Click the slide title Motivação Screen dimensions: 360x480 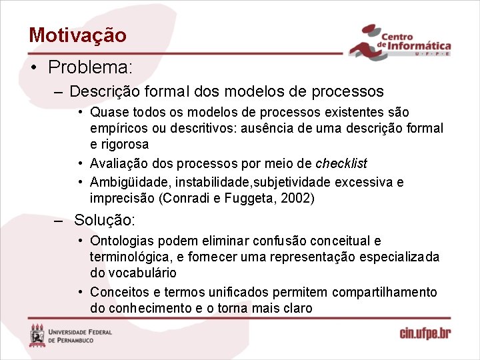click(x=77, y=35)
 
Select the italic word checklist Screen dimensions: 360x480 click(x=341, y=163)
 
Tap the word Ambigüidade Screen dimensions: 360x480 click(x=124, y=182)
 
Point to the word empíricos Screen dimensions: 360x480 click(x=117, y=128)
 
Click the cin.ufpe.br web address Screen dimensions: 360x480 click(x=425, y=333)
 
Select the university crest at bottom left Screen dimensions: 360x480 click(x=37, y=335)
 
